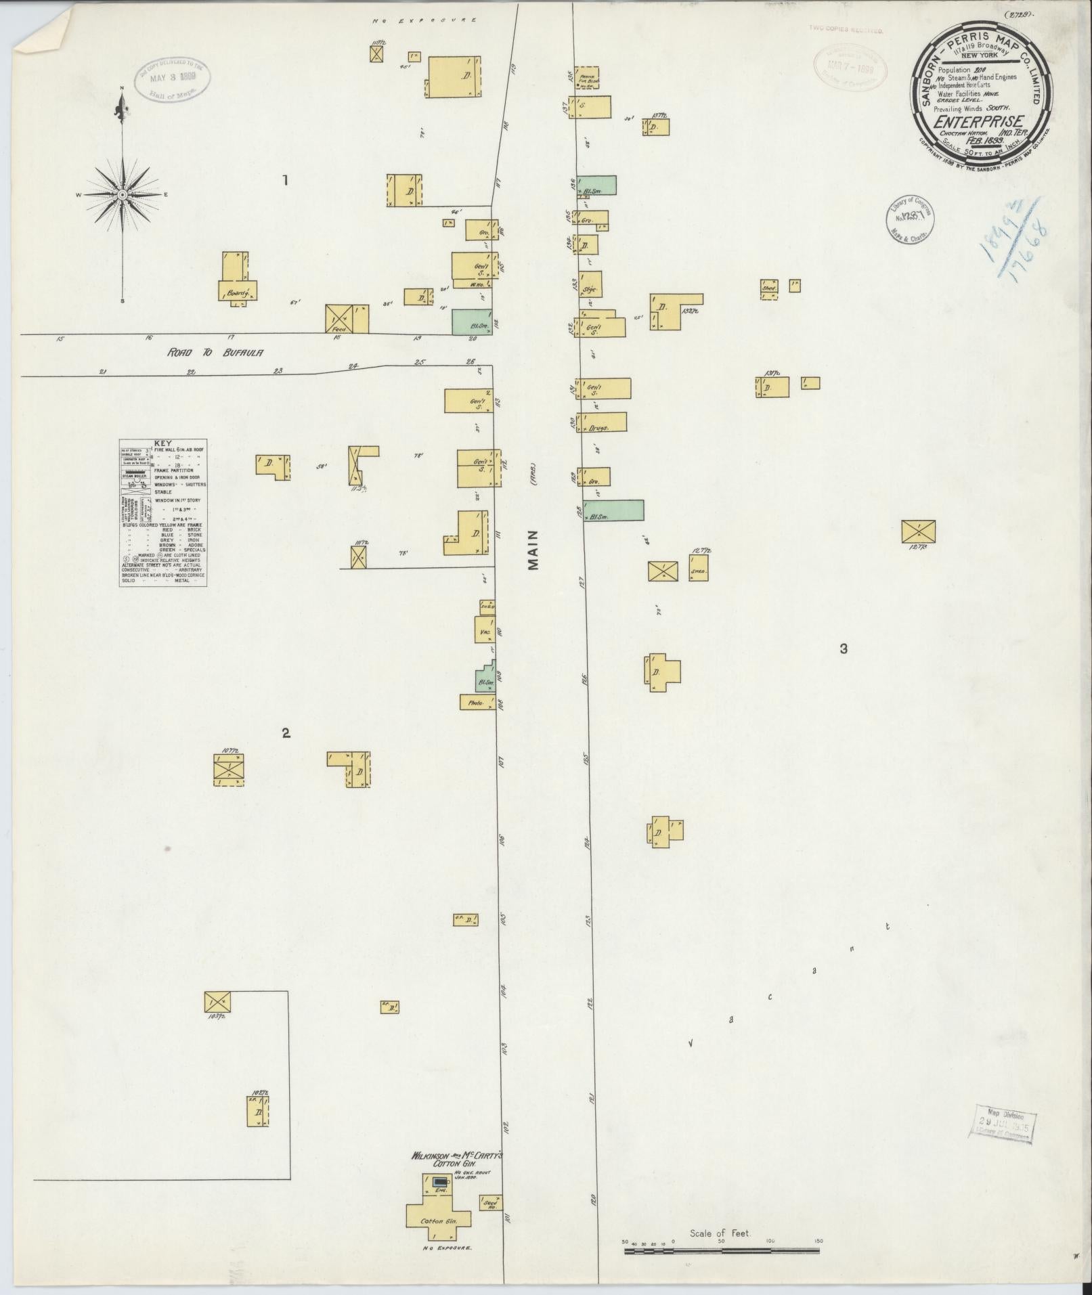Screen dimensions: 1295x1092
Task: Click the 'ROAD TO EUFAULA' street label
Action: click(215, 353)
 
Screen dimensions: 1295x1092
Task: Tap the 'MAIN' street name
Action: click(533, 549)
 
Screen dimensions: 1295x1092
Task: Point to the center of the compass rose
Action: click(123, 195)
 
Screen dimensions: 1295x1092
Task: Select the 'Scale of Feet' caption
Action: click(720, 1233)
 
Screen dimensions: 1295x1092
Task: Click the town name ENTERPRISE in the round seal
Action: click(978, 122)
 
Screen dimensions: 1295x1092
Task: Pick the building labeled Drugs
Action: click(601, 422)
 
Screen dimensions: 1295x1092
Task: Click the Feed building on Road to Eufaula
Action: click(347, 320)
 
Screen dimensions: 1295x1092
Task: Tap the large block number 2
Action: click(286, 732)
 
